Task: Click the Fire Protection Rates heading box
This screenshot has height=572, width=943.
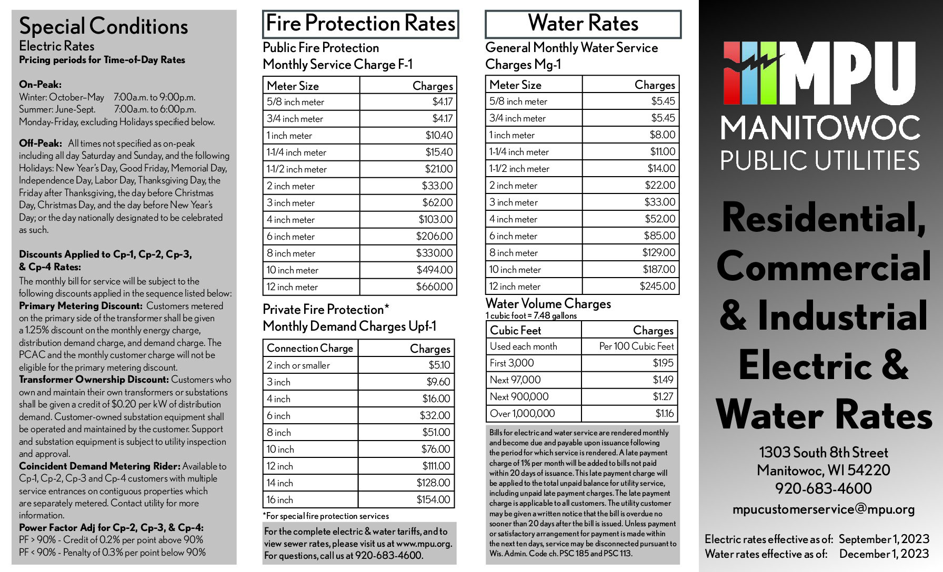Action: click(360, 24)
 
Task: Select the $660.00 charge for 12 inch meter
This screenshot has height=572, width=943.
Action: click(434, 287)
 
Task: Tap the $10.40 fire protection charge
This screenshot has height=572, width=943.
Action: click(439, 135)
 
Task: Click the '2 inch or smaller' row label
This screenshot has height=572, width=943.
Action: click(298, 365)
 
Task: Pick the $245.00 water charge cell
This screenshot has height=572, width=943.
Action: click(657, 286)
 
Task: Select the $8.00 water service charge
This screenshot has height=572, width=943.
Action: click(662, 135)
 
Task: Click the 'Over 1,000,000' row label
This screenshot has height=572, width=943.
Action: click(522, 413)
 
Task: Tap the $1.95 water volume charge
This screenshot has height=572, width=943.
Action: click(663, 363)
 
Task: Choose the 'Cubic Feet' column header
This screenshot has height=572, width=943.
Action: click(515, 330)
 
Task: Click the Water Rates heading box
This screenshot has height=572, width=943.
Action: click(583, 24)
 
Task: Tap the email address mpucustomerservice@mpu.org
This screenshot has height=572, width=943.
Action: click(824, 509)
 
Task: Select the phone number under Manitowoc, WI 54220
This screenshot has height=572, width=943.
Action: click(823, 488)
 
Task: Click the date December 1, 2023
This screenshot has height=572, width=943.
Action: click(884, 554)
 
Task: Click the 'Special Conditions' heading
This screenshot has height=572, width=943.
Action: click(104, 26)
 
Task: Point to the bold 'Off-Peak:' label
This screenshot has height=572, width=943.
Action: click(41, 143)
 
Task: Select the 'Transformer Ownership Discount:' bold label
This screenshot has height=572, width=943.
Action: click(94, 380)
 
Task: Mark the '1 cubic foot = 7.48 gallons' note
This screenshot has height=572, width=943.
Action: click(531, 315)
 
